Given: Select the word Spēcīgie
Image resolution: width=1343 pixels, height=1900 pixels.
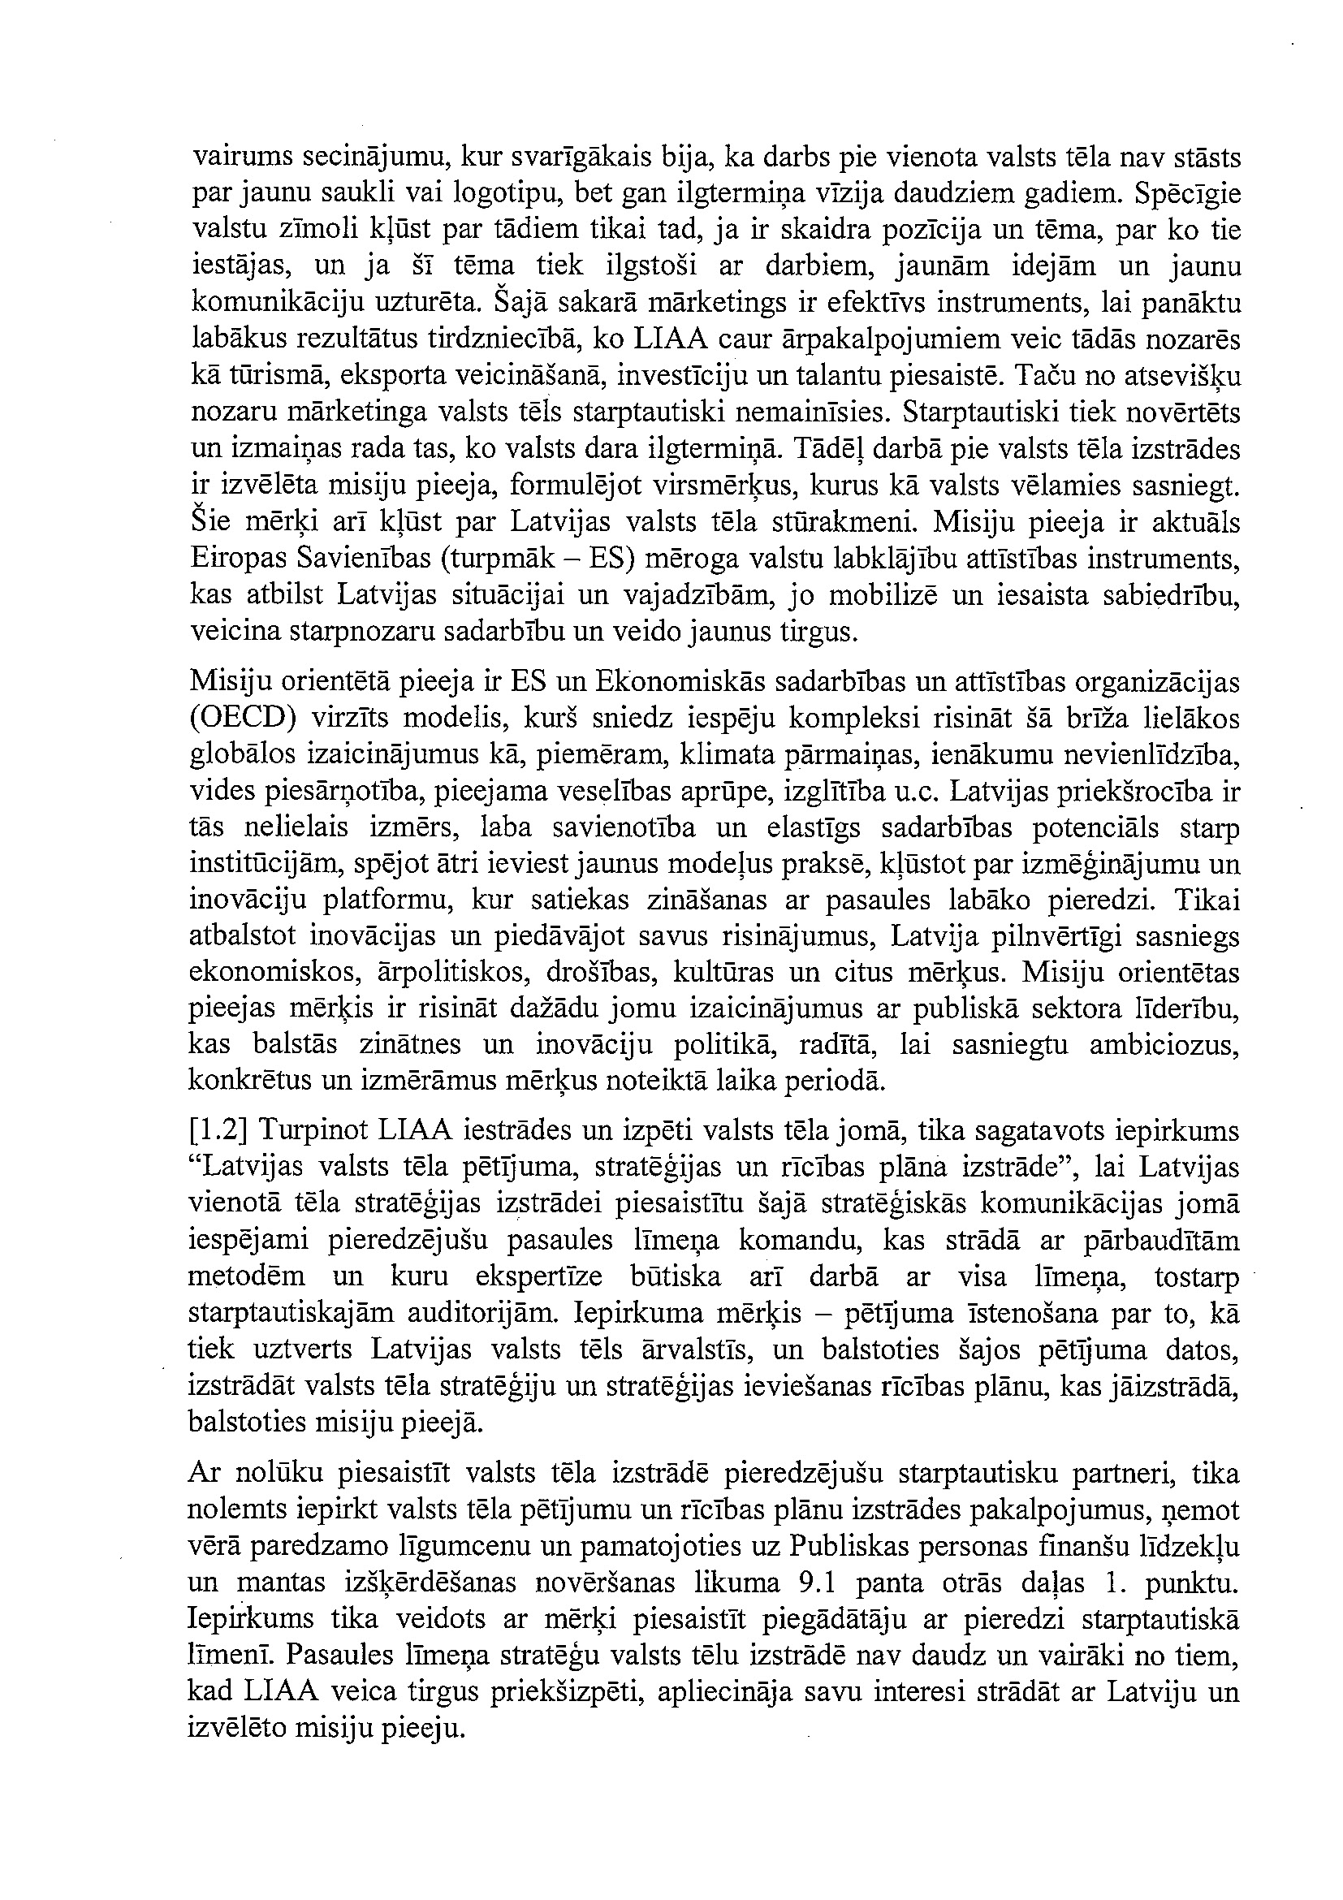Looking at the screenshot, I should pyautogui.click(x=1187, y=195).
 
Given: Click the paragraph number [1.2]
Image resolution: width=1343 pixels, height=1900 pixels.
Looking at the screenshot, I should pyautogui.click(x=218, y=1131).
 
